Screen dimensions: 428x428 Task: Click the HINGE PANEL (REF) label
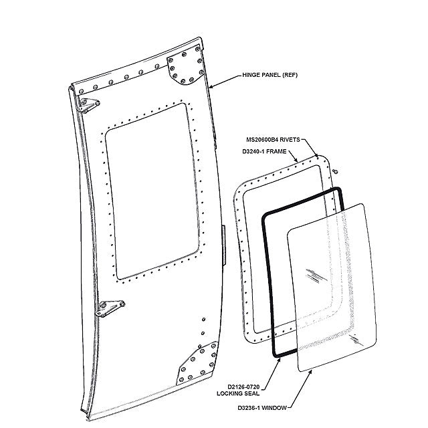click(269, 76)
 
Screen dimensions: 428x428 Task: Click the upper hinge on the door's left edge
click(86, 103)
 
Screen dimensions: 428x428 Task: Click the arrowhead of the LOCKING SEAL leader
click(280, 357)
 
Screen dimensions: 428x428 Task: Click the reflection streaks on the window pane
click(315, 275)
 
